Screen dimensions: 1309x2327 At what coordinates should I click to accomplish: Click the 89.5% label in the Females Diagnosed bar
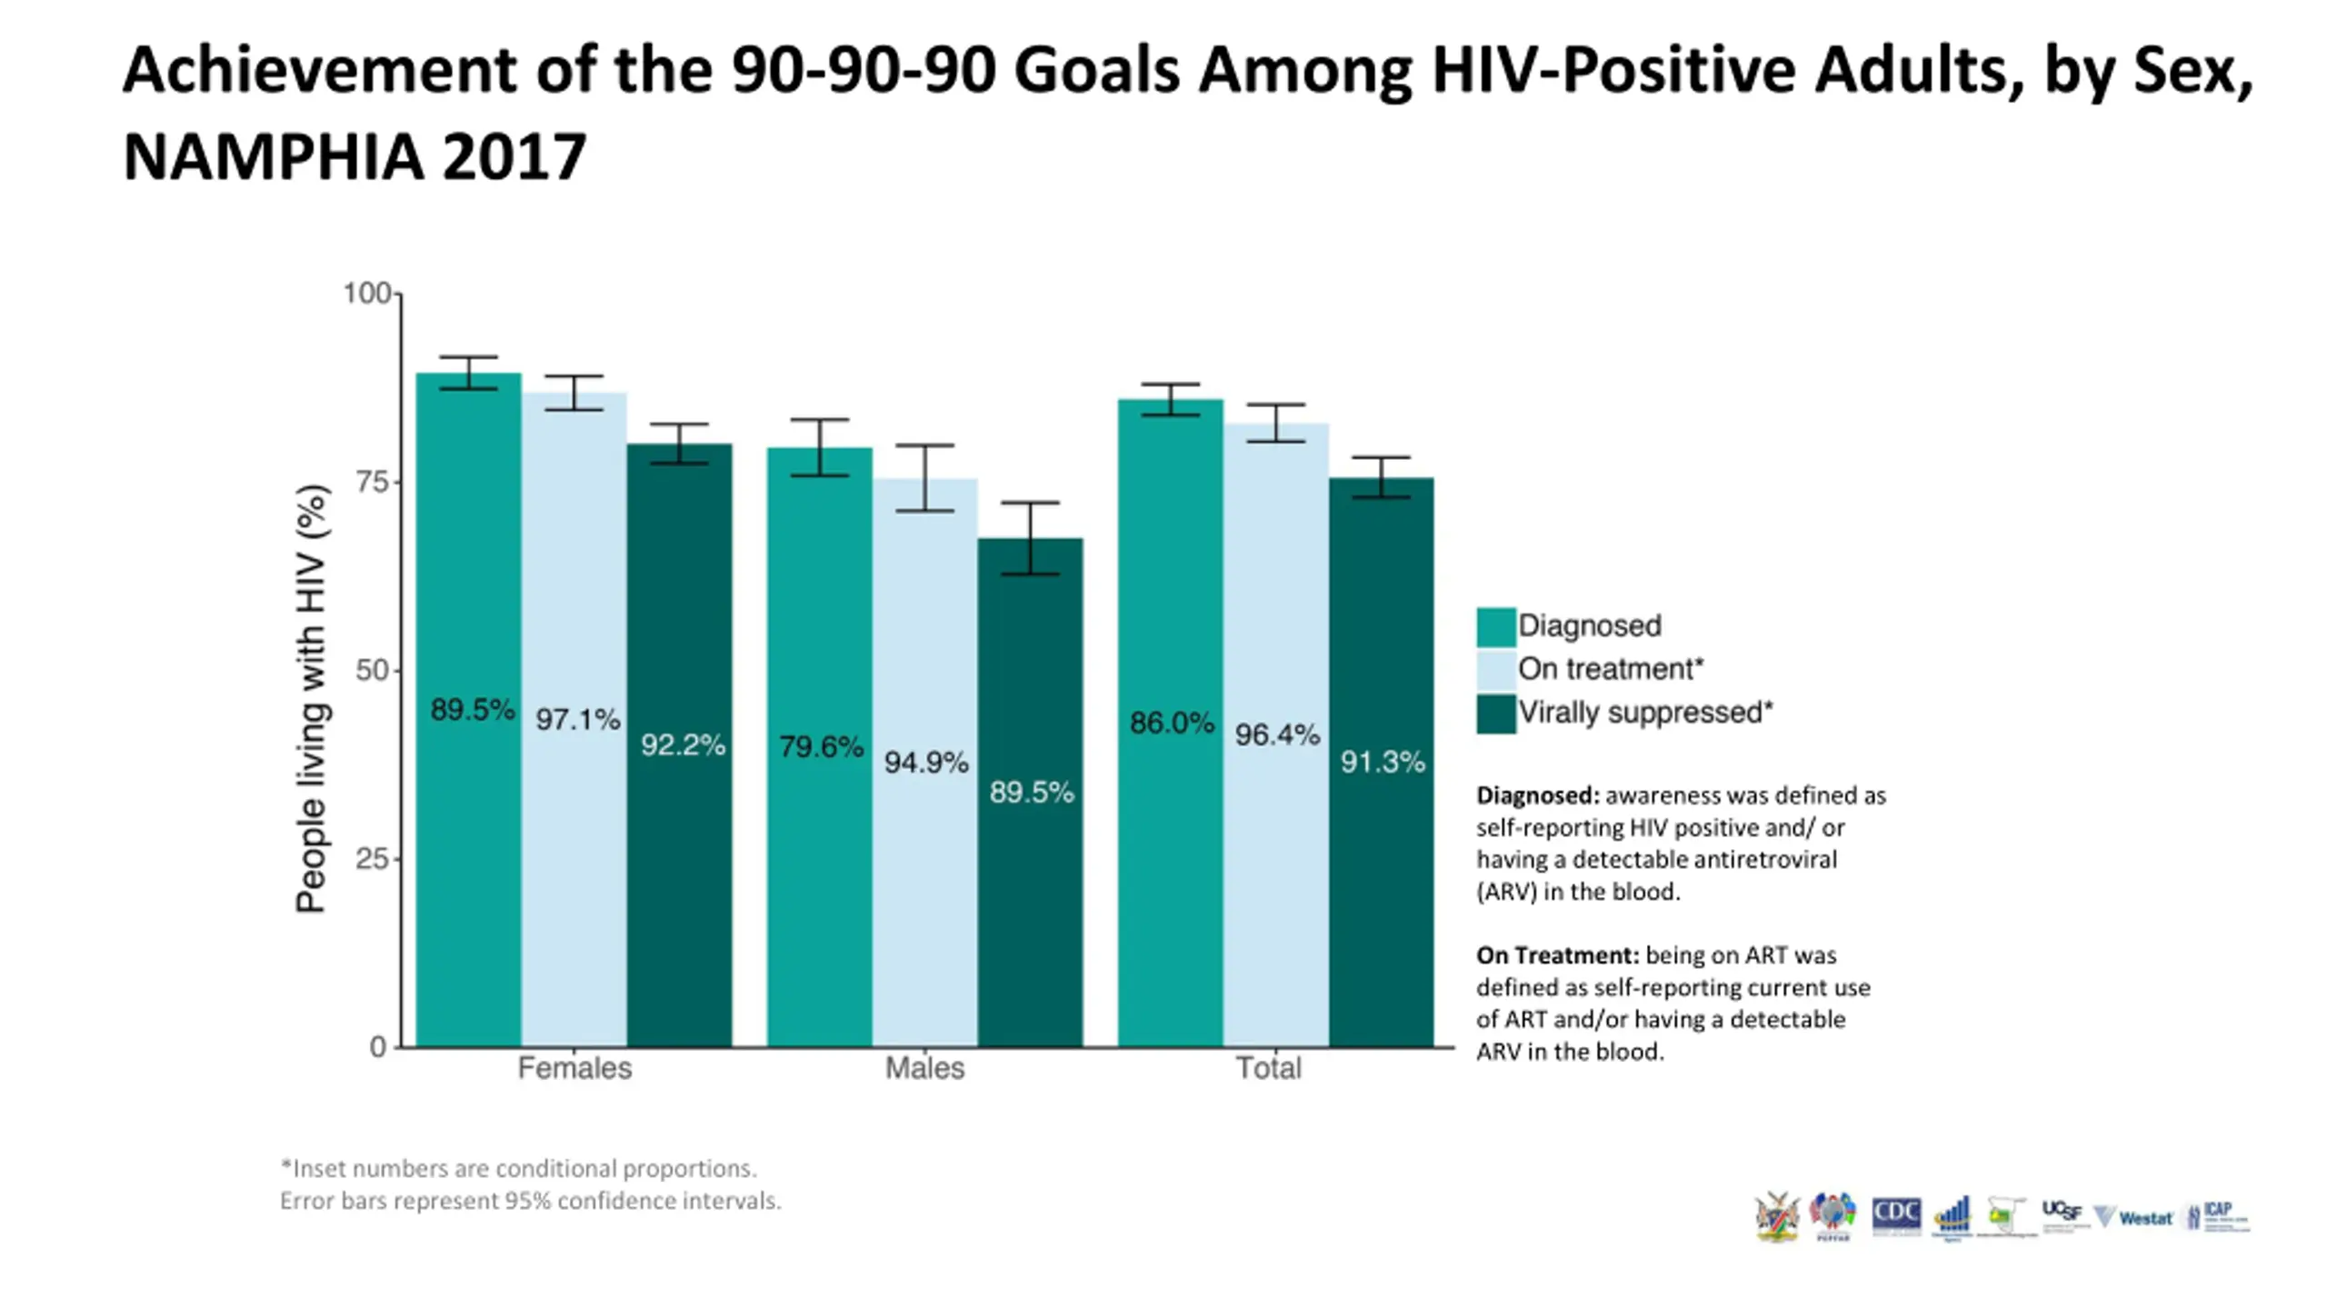pyautogui.click(x=472, y=709)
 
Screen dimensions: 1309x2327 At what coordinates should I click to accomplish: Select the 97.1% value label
pyautogui.click(x=577, y=720)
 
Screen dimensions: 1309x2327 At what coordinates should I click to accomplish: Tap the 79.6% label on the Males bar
pyautogui.click(x=821, y=747)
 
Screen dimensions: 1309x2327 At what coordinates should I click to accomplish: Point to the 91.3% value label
pyautogui.click(x=1382, y=762)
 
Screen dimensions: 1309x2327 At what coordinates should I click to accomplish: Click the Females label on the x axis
pyautogui.click(x=574, y=1068)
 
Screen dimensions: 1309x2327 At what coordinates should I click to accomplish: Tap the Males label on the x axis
pyautogui.click(x=924, y=1068)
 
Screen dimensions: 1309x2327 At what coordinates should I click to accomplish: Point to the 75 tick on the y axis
pyautogui.click(x=373, y=482)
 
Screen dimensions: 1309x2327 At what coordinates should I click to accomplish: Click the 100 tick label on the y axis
pyautogui.click(x=366, y=294)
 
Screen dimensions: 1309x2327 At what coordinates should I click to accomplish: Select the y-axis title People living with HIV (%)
pyautogui.click(x=312, y=698)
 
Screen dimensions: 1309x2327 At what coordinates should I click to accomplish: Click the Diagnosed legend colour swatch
pyautogui.click(x=1495, y=626)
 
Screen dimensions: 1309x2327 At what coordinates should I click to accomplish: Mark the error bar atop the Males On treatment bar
pyautogui.click(x=924, y=478)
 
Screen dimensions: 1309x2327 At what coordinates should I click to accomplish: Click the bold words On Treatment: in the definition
pyautogui.click(x=1557, y=955)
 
